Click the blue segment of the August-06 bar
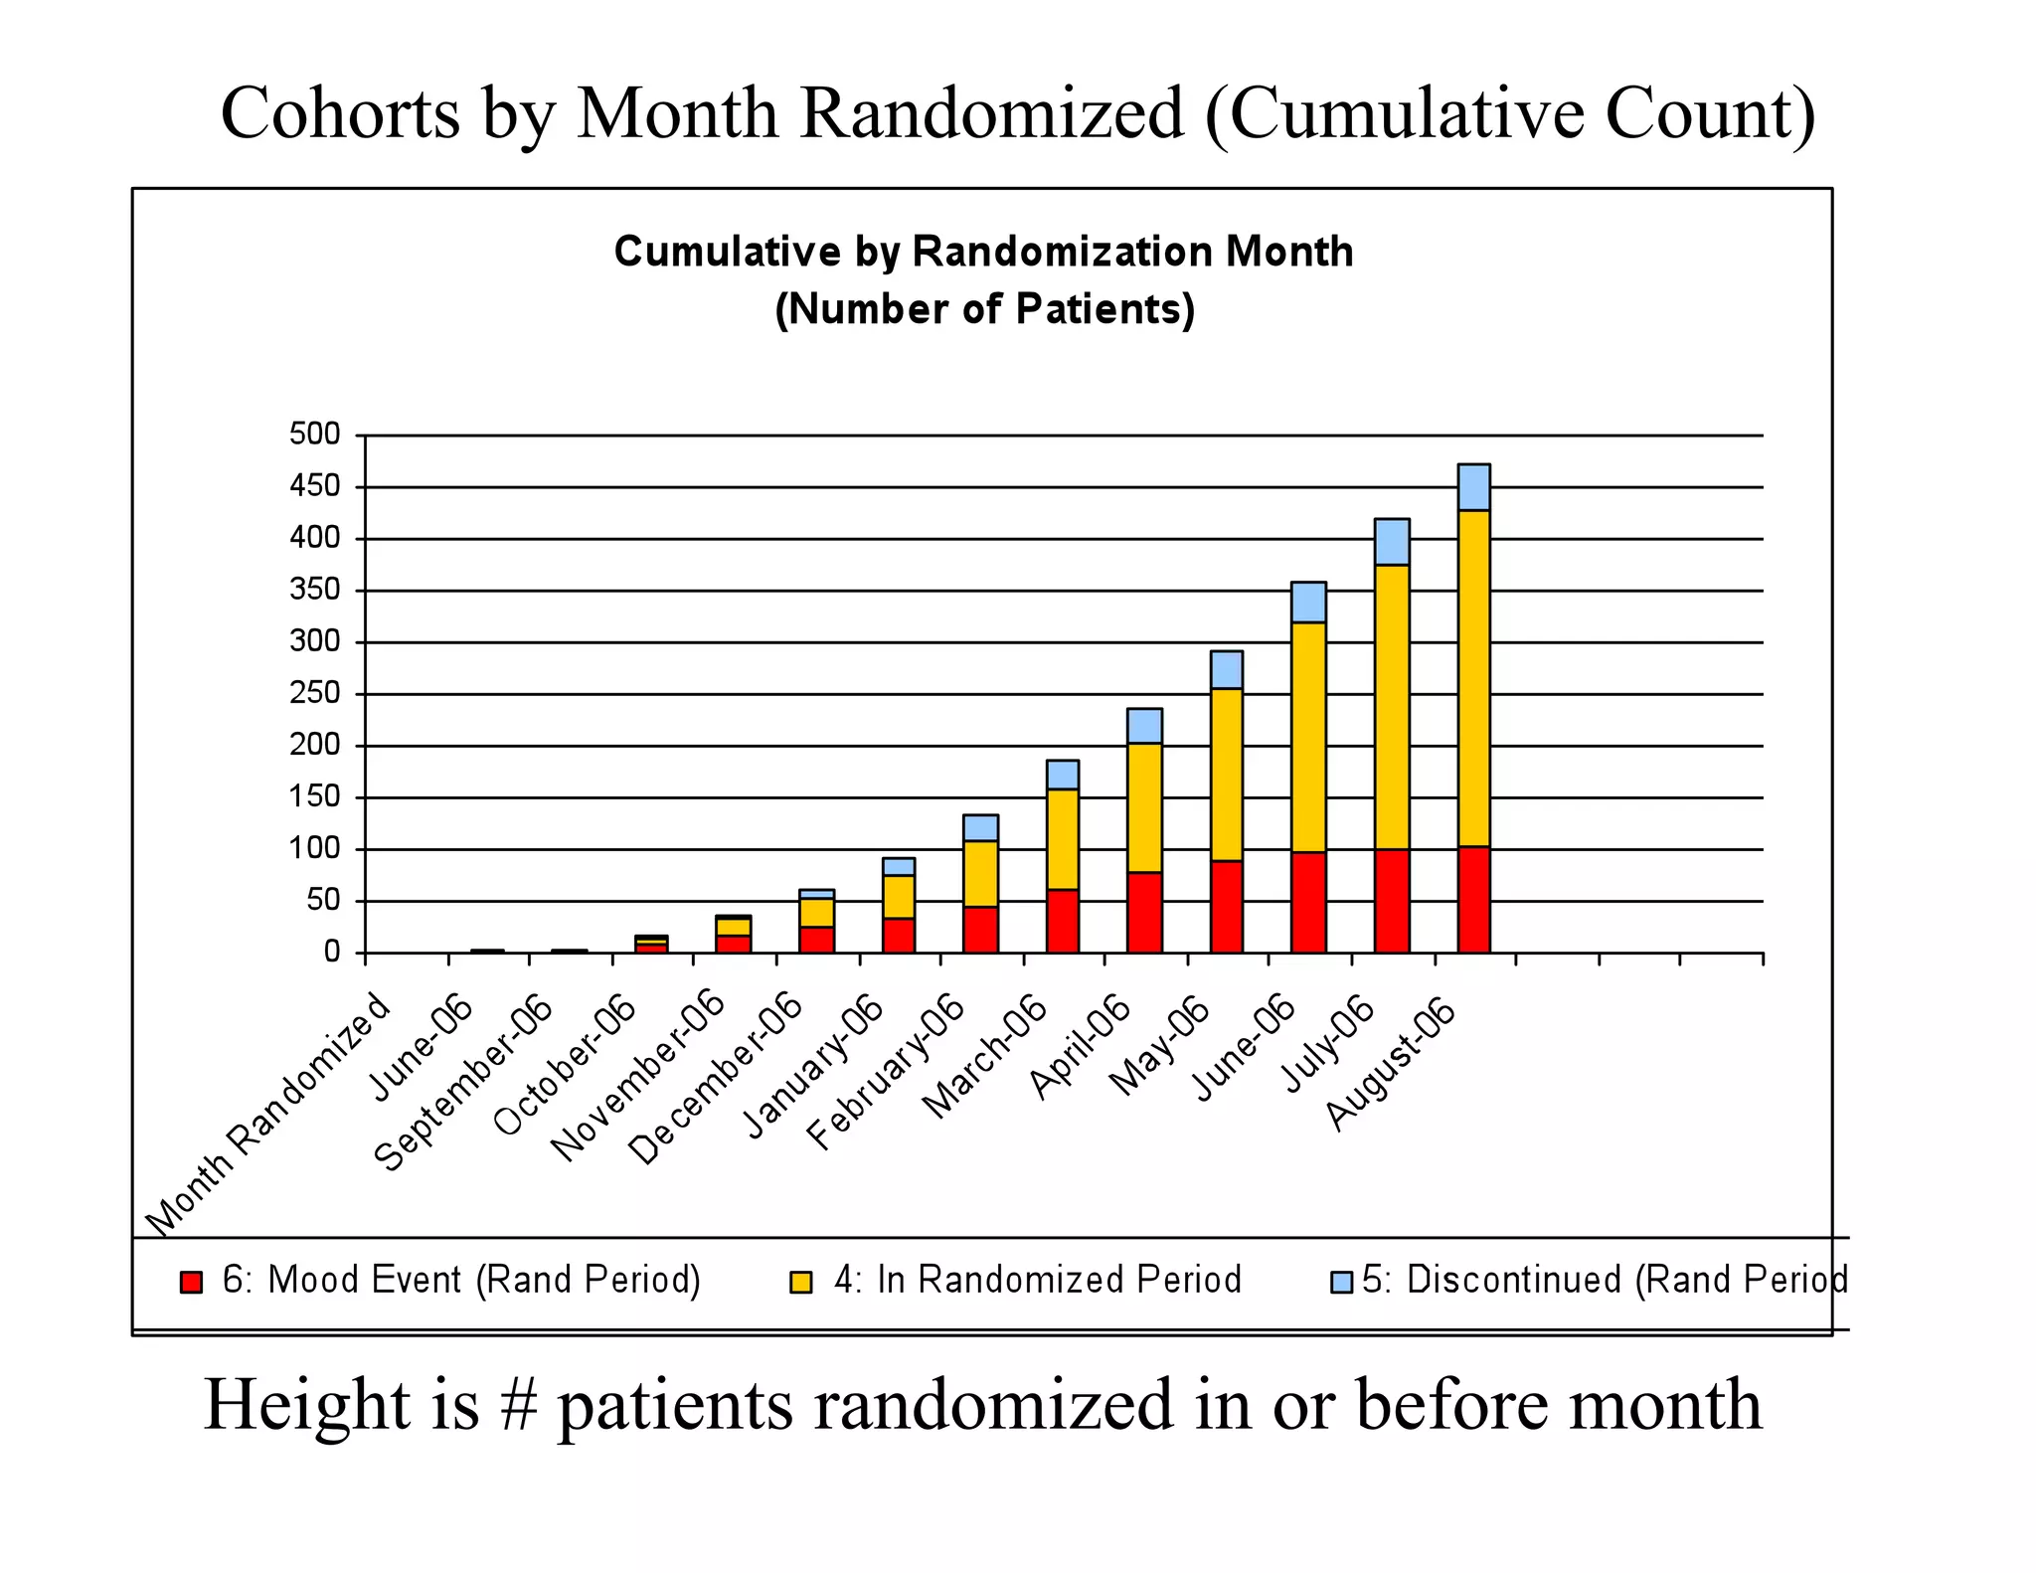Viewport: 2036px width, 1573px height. click(x=1473, y=487)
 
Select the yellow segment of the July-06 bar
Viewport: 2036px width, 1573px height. click(x=1392, y=706)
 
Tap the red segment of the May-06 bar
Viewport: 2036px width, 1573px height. click(x=1227, y=907)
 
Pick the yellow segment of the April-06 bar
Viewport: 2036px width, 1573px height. click(x=1144, y=807)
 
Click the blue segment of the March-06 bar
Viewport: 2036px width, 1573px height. click(x=1063, y=775)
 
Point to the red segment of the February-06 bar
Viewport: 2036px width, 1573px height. click(x=980, y=930)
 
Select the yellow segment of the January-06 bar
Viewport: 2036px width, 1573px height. click(x=899, y=897)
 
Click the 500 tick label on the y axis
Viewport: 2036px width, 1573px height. click(x=314, y=435)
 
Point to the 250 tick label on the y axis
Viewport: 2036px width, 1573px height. click(x=314, y=693)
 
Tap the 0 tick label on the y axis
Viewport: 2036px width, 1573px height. click(x=331, y=953)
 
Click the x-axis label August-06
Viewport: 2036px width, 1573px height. click(x=1392, y=1064)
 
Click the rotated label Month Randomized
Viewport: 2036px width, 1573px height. click(x=268, y=1114)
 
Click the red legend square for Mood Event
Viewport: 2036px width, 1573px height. click(x=191, y=1282)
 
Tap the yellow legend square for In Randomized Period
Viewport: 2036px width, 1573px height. click(x=800, y=1282)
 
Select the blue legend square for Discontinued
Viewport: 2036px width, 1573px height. click(x=1342, y=1282)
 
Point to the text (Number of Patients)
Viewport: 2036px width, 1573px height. click(x=984, y=309)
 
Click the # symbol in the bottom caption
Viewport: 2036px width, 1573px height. click(x=518, y=1405)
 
